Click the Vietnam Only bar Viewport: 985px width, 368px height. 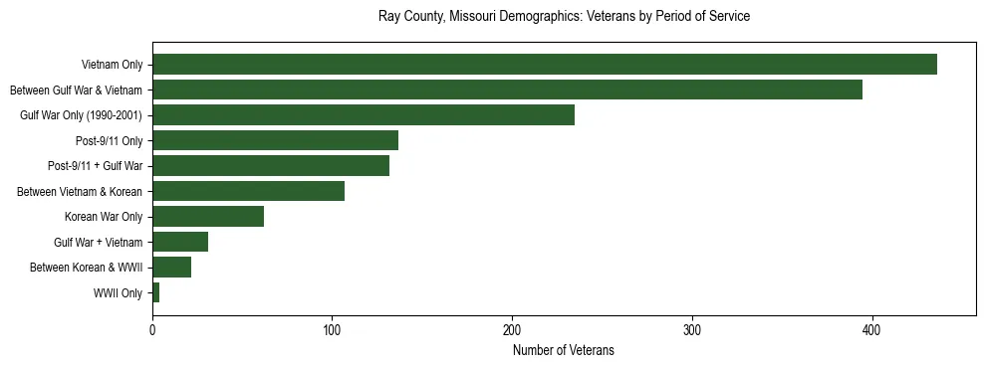pos(544,65)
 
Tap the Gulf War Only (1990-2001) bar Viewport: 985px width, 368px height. pos(364,115)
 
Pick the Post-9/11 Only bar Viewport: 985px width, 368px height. pos(275,140)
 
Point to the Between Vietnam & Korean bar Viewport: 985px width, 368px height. pos(248,191)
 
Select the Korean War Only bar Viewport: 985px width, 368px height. pos(208,217)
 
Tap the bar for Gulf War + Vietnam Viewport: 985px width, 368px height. pos(180,242)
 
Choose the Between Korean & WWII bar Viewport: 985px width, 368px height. pos(171,267)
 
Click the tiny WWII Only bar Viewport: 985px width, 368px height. pos(156,292)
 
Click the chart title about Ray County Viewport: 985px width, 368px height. pos(564,17)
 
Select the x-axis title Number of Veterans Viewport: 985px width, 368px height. pos(564,350)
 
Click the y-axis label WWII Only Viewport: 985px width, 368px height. pos(118,292)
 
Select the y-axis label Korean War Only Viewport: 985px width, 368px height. pos(104,217)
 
